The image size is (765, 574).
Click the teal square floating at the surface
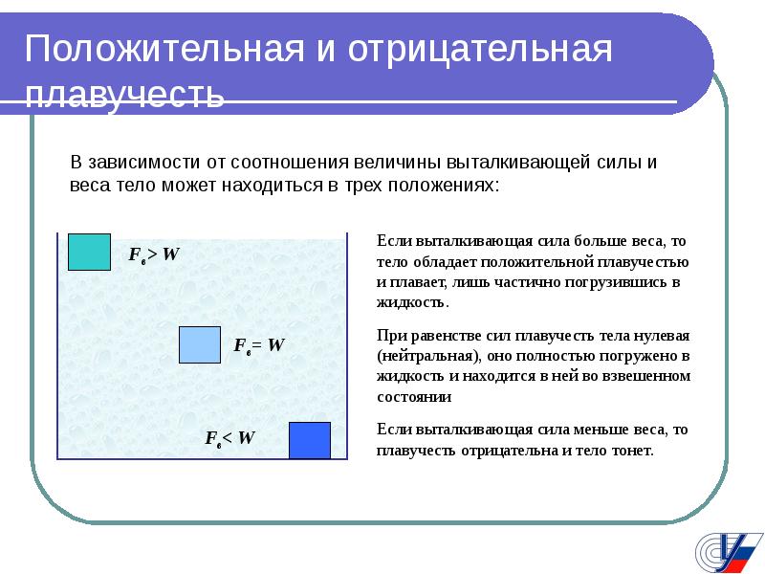pos(89,252)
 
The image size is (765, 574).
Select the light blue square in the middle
pos(200,345)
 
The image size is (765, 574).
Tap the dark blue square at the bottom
pos(310,441)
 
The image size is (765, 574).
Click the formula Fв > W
pos(154,254)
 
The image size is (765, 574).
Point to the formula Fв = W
pos(259,345)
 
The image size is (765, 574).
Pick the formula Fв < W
pos(229,438)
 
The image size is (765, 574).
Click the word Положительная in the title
pos(164,49)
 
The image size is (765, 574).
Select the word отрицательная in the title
pos(480,50)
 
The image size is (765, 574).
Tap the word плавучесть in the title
pos(124,94)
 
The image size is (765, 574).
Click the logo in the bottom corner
pos(729,553)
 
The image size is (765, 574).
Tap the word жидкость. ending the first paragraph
pos(413,302)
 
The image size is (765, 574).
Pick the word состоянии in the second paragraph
pos(414,397)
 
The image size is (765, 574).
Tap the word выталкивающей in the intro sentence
pos(518,162)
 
